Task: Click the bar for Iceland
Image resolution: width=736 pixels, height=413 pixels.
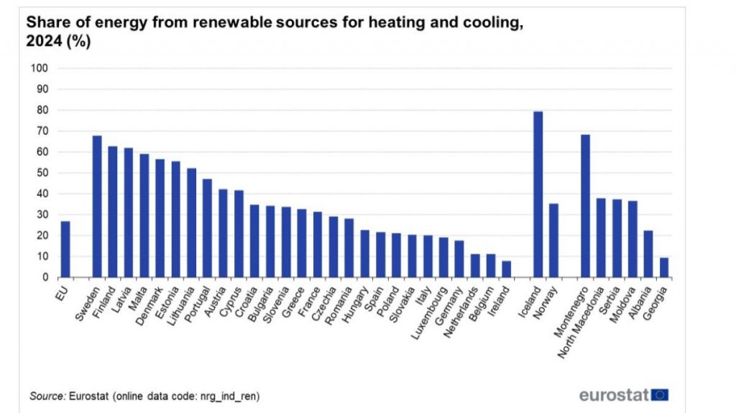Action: tap(538, 194)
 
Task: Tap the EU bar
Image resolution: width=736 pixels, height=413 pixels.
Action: tap(65, 249)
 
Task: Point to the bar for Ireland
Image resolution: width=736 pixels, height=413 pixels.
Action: tap(506, 269)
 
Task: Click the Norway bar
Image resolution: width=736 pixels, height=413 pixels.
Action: tap(553, 240)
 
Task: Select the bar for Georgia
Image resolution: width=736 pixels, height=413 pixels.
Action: tap(663, 267)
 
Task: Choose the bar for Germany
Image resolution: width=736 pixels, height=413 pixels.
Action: tap(459, 259)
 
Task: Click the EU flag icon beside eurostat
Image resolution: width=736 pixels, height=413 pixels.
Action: tap(661, 394)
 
